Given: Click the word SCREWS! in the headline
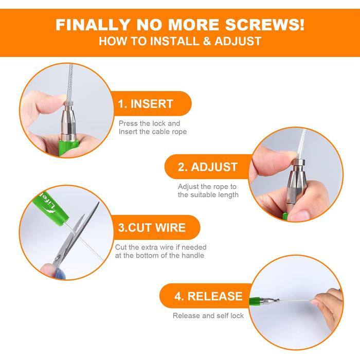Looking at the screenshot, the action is click(265, 25).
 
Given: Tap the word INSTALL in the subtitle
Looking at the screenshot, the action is click(174, 41).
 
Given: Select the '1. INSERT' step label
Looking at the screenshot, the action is click(146, 104).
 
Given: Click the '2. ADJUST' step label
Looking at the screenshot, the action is click(208, 167).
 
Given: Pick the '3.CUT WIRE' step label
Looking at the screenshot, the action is click(152, 227).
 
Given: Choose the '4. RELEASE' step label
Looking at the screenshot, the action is click(208, 296).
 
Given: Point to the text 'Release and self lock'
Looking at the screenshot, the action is click(208, 316).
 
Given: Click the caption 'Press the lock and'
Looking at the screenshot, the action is click(149, 123).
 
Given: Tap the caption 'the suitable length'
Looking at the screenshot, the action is click(208, 195).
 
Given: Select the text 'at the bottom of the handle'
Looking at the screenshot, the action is click(159, 256).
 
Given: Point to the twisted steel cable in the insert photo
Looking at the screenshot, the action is click(70, 83).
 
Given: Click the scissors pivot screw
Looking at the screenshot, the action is click(58, 257).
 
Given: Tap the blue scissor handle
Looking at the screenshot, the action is click(60, 272).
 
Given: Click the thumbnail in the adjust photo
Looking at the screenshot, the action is click(300, 215).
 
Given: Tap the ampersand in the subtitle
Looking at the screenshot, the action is click(207, 41).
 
